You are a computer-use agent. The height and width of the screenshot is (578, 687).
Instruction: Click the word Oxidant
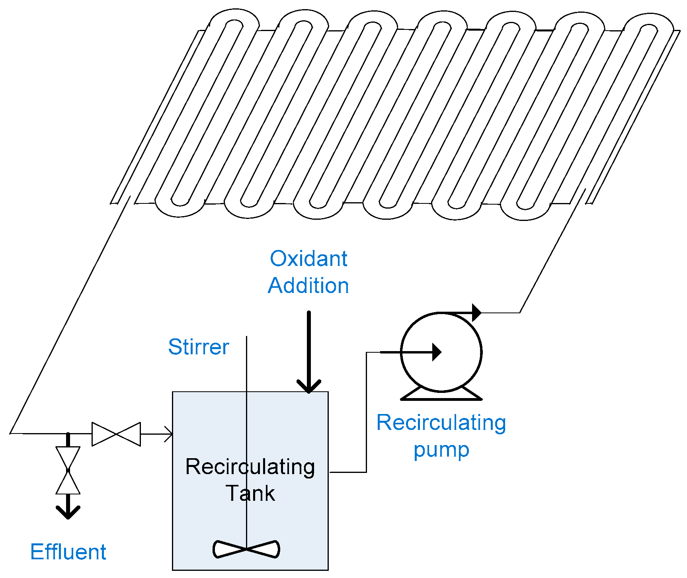[308, 259]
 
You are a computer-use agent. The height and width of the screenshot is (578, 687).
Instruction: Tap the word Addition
[308, 286]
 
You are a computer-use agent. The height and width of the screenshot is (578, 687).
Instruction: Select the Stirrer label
[199, 347]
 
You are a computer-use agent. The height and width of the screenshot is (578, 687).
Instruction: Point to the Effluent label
[68, 552]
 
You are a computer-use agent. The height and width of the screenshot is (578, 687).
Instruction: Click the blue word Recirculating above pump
[441, 423]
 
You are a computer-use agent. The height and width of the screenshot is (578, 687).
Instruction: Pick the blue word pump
[441, 450]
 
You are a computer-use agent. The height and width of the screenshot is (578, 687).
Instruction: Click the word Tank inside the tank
[250, 493]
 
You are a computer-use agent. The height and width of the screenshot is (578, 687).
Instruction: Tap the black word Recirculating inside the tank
[250, 467]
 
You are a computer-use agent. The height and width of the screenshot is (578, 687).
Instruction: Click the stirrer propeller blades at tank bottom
[246, 549]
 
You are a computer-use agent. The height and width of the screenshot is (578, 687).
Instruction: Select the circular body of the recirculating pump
[441, 352]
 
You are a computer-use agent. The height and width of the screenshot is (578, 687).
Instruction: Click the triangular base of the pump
[441, 393]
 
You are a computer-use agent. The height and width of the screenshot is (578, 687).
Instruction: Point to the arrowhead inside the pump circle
[437, 352]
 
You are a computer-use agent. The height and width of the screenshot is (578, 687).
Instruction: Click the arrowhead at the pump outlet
[477, 312]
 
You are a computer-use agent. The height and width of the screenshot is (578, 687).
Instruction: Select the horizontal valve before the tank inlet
[116, 434]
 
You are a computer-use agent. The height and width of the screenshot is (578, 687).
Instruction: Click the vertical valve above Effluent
[68, 470]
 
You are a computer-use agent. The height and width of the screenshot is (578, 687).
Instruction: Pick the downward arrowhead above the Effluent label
[68, 512]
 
